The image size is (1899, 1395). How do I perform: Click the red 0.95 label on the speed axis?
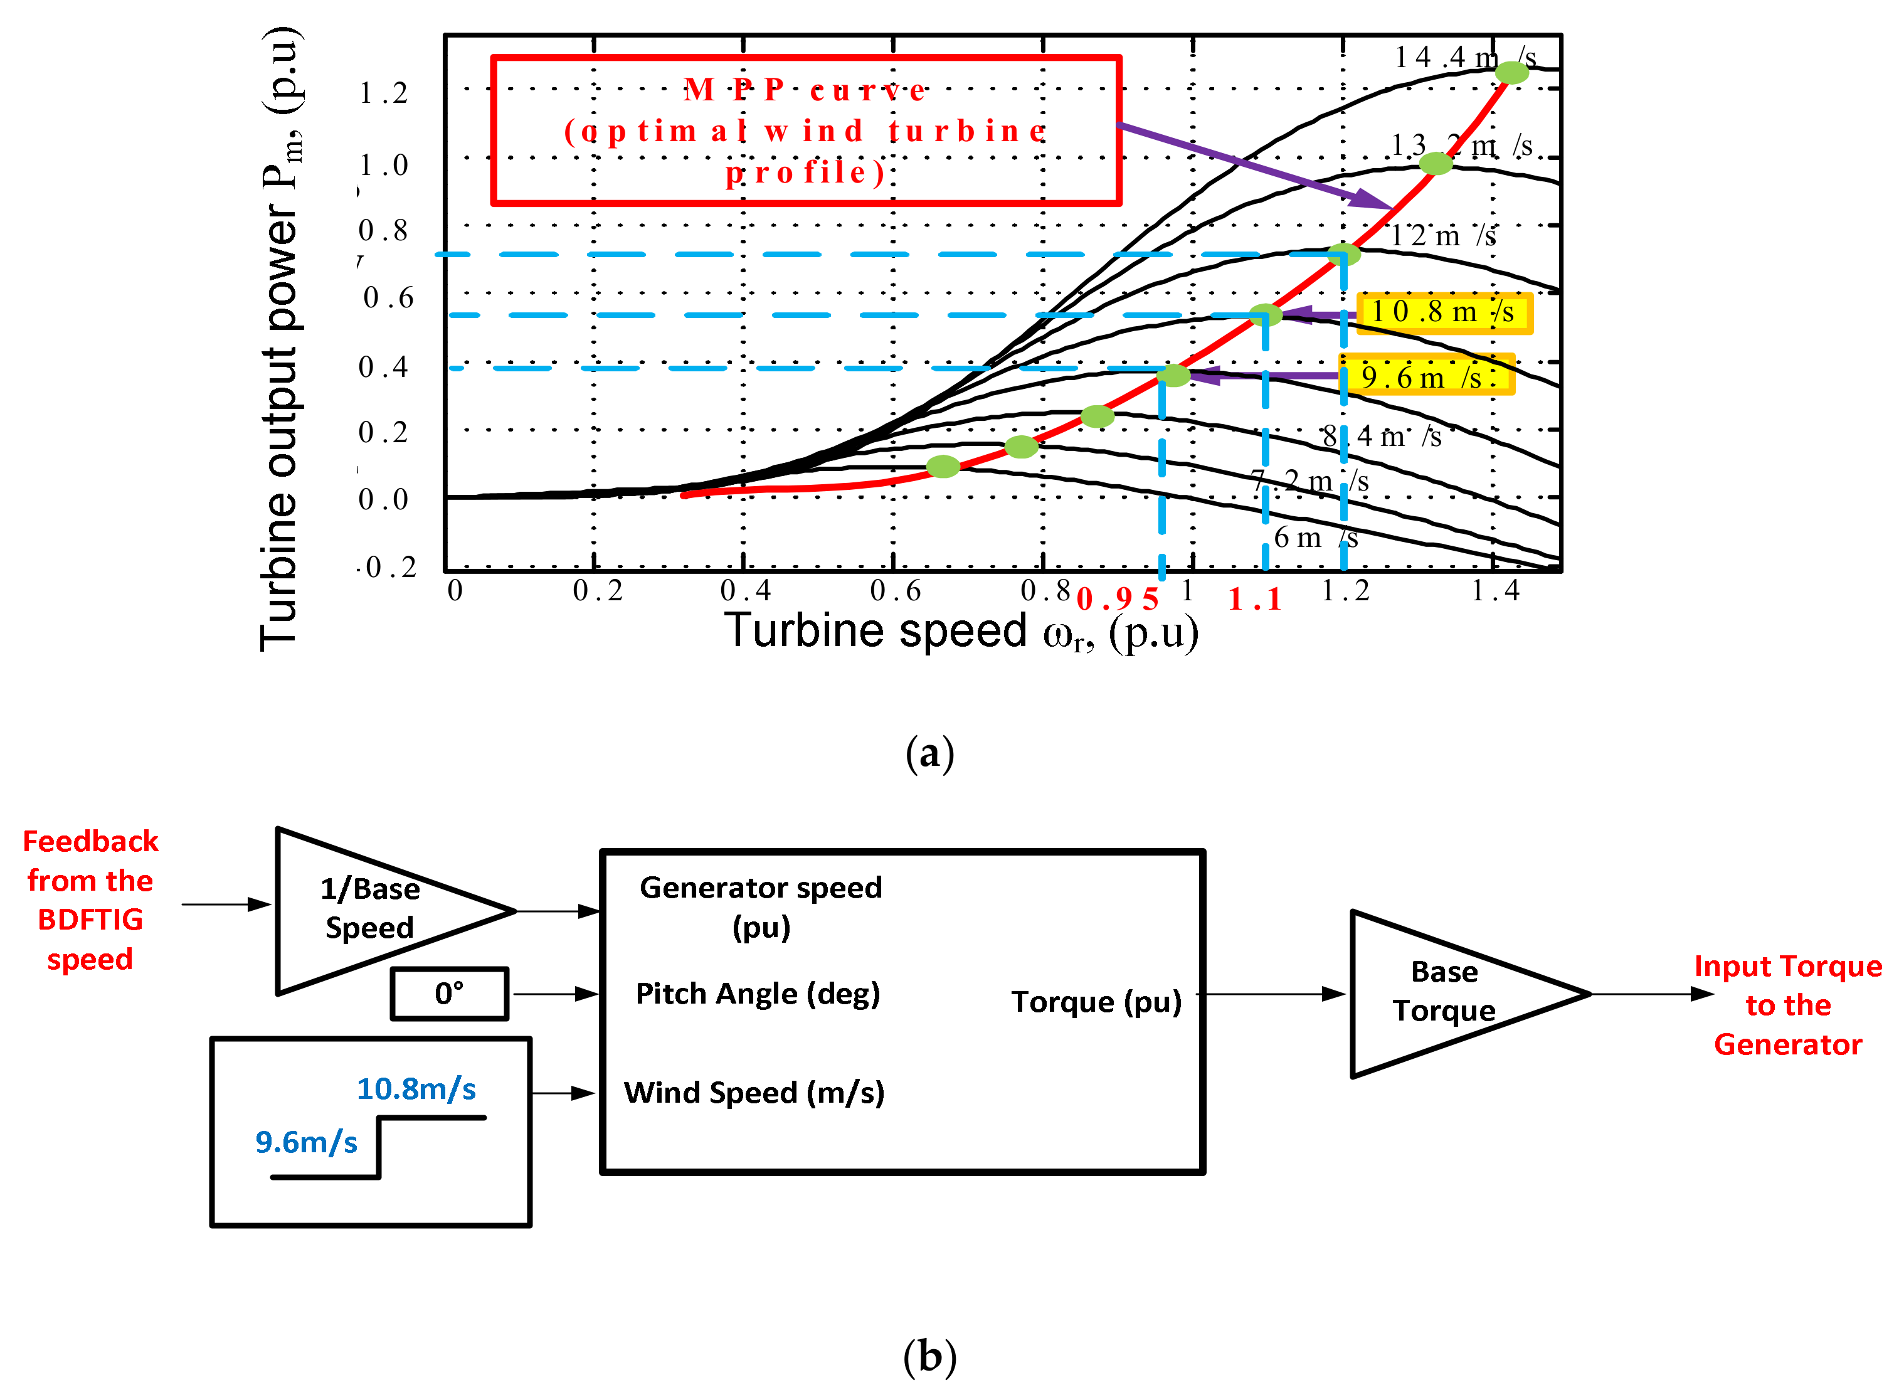click(x=1116, y=600)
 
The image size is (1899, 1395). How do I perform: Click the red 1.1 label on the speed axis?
click(x=1255, y=600)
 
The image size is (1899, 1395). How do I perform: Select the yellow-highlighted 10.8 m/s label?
click(x=1443, y=312)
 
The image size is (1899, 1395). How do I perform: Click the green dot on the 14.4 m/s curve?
click(x=1511, y=73)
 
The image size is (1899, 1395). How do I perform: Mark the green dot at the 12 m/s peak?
click(x=1343, y=253)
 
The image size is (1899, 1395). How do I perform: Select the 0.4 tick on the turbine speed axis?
click(x=745, y=591)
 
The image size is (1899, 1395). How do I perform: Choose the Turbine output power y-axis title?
click(x=280, y=337)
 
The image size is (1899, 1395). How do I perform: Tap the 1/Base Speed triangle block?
click(x=376, y=910)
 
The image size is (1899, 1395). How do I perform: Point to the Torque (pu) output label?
click(x=1096, y=1002)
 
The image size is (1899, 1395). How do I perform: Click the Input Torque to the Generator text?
click(x=1787, y=1005)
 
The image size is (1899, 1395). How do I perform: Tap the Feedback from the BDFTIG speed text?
click(x=90, y=899)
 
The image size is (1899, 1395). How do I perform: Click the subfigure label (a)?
click(x=929, y=753)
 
